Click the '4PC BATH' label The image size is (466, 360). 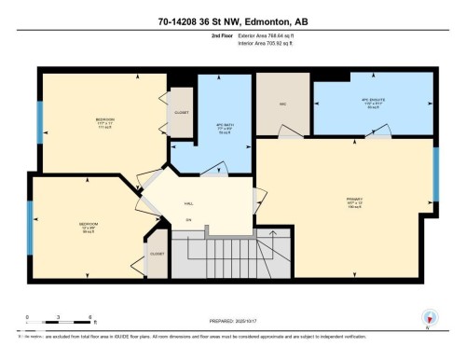coord(223,129)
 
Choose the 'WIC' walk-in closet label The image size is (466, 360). coord(282,104)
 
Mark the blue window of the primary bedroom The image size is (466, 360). coord(435,173)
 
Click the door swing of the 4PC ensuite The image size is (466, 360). coord(328,132)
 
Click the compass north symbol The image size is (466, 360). coord(430,317)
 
